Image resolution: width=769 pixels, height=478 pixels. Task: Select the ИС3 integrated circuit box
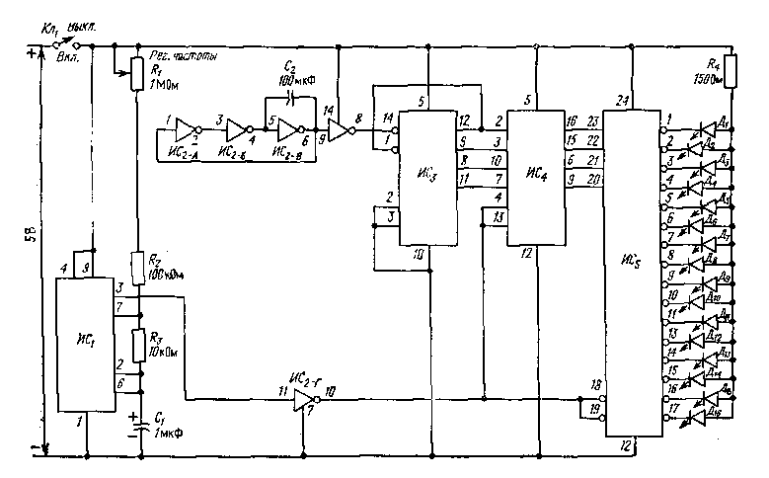pyautogui.click(x=428, y=177)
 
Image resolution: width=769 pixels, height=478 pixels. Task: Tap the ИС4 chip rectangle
pyautogui.click(x=534, y=177)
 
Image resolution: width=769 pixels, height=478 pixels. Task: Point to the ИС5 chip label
pyautogui.click(x=632, y=263)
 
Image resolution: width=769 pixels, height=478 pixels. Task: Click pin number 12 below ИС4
pyautogui.click(x=527, y=254)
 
